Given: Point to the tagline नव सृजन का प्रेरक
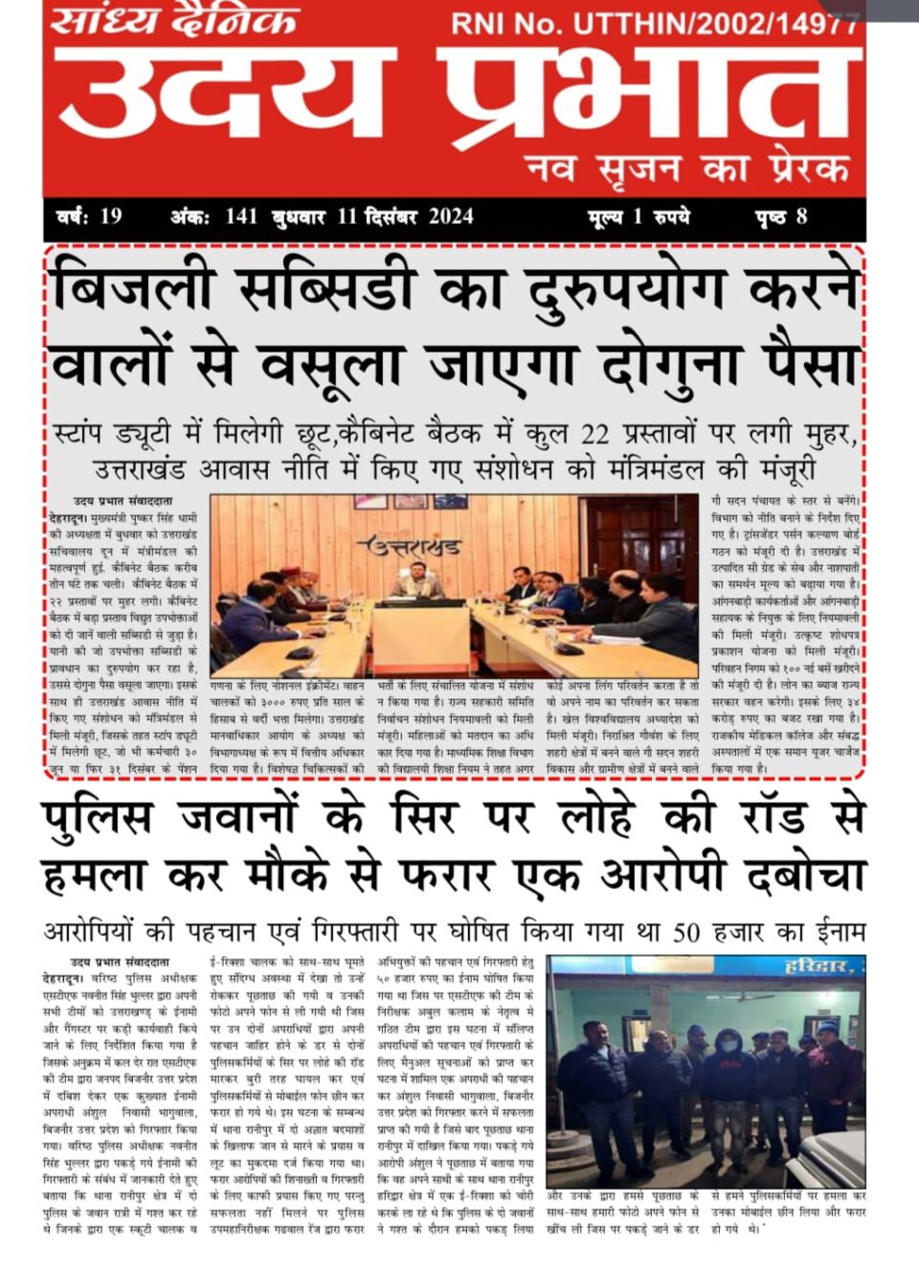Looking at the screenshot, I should point(687,170).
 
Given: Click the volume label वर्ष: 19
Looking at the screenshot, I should point(89,216).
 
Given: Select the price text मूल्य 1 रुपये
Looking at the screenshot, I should point(638,216).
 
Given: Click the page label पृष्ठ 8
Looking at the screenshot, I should point(780,216).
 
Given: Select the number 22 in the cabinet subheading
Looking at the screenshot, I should point(594,434).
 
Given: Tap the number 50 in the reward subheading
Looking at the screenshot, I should point(685,931).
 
